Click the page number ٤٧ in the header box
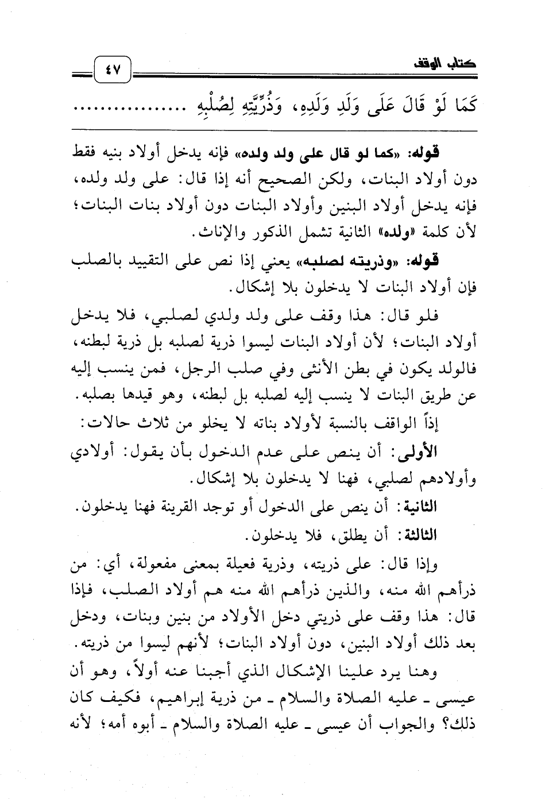[x=113, y=72]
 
